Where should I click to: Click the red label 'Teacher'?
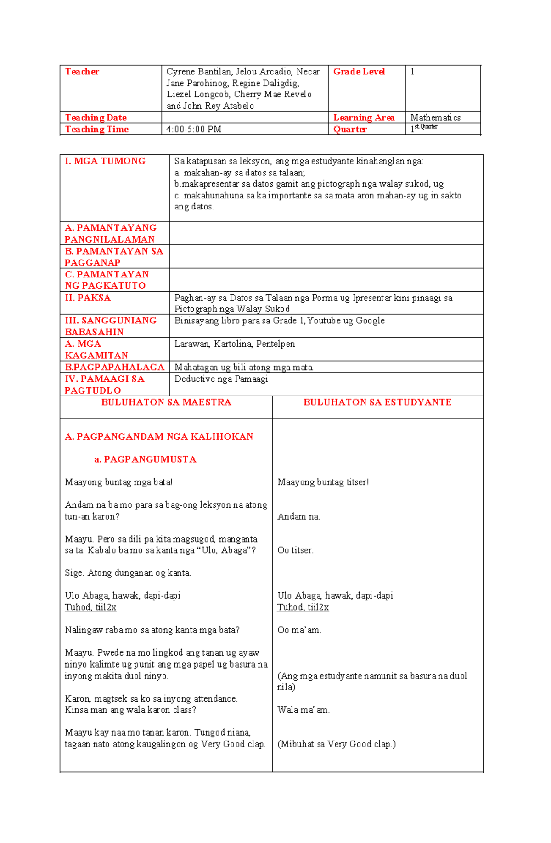coord(82,72)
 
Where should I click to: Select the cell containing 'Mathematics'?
coord(435,118)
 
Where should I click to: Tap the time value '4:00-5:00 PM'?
coord(194,130)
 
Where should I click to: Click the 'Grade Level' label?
coord(359,72)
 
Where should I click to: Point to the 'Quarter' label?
coord(349,130)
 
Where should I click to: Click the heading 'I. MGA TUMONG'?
coord(105,161)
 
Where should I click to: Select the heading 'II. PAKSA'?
coord(88,298)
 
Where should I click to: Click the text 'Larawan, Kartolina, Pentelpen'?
coord(234,344)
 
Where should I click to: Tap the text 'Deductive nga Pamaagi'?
coord(221,379)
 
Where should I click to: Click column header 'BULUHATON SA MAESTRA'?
coord(166,402)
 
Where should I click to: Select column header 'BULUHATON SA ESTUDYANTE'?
coord(377,402)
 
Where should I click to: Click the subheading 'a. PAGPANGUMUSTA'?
coord(145,459)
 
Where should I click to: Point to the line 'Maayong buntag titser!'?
coord(323,482)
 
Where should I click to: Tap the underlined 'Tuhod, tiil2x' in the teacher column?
coord(90,607)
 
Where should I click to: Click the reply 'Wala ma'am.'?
coord(303,710)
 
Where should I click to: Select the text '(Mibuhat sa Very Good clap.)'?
coord(336,744)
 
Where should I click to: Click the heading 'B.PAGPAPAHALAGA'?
coord(114,367)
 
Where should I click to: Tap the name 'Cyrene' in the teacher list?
coord(181,72)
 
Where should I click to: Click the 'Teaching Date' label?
coord(96,118)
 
